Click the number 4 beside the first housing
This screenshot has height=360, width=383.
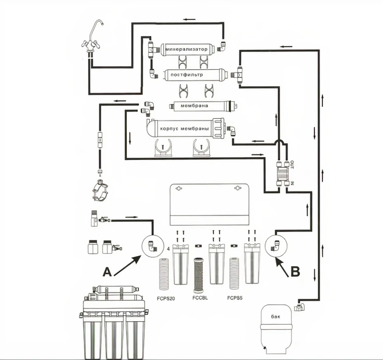pyautogui.click(x=168, y=250)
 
